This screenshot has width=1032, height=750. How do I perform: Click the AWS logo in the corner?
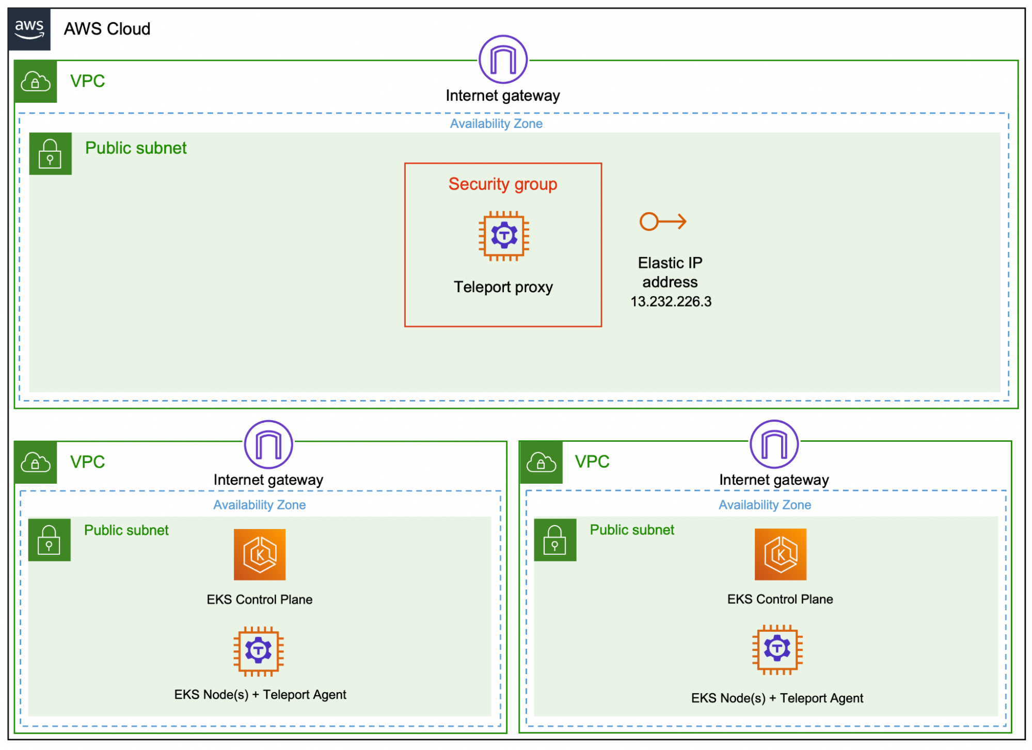pyautogui.click(x=29, y=29)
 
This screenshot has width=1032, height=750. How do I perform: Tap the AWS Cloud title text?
pyautogui.click(x=107, y=29)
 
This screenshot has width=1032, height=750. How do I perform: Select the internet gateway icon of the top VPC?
pyautogui.click(x=503, y=59)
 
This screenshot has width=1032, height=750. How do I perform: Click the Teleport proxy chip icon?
pyautogui.click(x=503, y=236)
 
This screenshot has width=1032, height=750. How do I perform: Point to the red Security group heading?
pyautogui.click(x=503, y=184)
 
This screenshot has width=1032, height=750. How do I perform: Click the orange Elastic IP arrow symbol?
pyautogui.click(x=663, y=221)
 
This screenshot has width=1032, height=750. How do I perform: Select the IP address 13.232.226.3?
pyautogui.click(x=671, y=301)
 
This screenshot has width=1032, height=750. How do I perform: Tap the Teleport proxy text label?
pyautogui.click(x=503, y=287)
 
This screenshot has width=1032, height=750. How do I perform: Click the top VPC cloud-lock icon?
pyautogui.click(x=36, y=82)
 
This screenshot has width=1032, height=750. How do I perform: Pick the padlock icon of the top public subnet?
pyautogui.click(x=50, y=154)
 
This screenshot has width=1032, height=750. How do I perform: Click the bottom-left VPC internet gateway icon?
pyautogui.click(x=268, y=444)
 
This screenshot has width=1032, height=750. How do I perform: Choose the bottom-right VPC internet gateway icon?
pyautogui.click(x=774, y=444)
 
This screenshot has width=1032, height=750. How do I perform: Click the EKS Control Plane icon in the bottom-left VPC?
pyautogui.click(x=260, y=555)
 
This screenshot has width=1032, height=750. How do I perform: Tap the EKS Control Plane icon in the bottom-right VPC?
pyautogui.click(x=780, y=554)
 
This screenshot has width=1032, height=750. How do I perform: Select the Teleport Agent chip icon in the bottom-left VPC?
pyautogui.click(x=259, y=651)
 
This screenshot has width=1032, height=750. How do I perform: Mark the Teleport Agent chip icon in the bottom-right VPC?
pyautogui.click(x=777, y=650)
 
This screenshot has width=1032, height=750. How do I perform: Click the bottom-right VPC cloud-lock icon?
pyautogui.click(x=541, y=462)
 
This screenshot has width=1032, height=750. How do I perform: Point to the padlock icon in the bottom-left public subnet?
pyautogui.click(x=49, y=540)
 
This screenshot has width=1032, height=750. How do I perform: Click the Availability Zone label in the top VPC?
pyautogui.click(x=496, y=124)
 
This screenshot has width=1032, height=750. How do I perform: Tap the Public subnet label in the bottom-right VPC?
pyautogui.click(x=632, y=530)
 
